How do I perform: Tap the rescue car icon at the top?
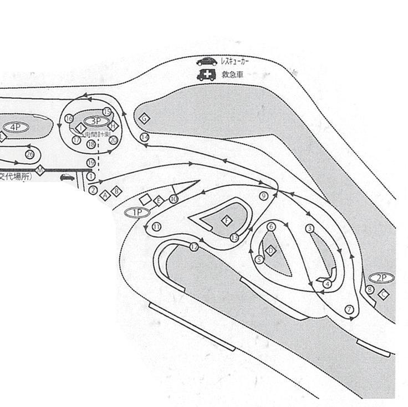(206, 62)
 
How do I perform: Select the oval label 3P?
(95, 120)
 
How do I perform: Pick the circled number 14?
(145, 137)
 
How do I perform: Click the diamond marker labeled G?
(144, 118)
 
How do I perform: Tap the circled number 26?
(30, 154)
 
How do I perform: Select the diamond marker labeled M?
(40, 170)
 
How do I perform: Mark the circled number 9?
(263, 196)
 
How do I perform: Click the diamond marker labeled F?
(226, 220)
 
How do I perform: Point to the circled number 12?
(194, 247)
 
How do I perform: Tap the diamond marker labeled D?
(271, 250)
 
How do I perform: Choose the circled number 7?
(349, 309)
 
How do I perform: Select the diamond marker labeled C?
(383, 294)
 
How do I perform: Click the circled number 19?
(90, 162)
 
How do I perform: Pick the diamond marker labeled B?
(116, 191)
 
